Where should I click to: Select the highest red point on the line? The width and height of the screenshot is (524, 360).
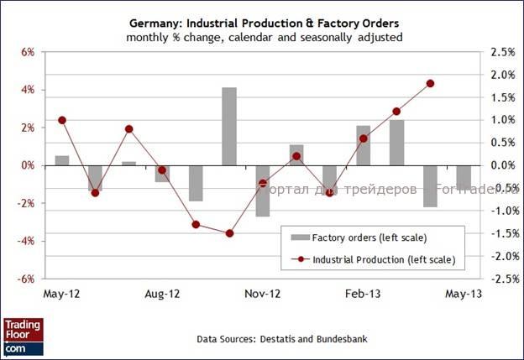430,83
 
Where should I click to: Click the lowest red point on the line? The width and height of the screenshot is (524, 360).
229,232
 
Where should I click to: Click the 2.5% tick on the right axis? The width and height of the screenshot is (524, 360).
499,52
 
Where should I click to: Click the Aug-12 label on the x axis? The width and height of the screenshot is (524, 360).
162,295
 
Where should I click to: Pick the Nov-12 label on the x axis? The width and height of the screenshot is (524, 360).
263,295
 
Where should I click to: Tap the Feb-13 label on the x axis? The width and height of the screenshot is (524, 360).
363,295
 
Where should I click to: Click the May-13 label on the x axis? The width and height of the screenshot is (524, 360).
463,295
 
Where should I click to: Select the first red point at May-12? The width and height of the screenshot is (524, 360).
62,120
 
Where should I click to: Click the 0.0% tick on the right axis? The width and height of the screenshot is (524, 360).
499,165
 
